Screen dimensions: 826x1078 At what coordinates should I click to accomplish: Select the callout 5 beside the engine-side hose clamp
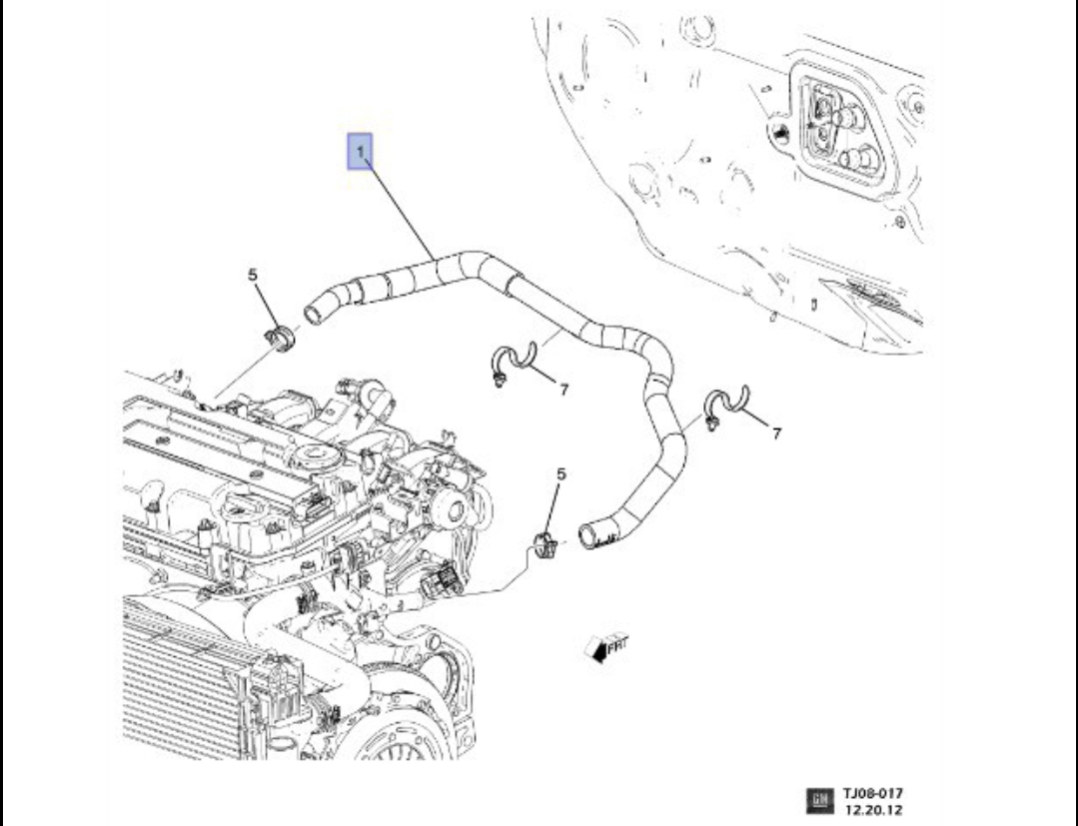click(x=254, y=274)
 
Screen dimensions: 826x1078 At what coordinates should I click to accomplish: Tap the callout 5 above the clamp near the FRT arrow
click(x=560, y=475)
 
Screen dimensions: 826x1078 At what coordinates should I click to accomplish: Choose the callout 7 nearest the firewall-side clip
click(x=776, y=432)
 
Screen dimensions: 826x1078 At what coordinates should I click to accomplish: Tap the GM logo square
click(x=818, y=798)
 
